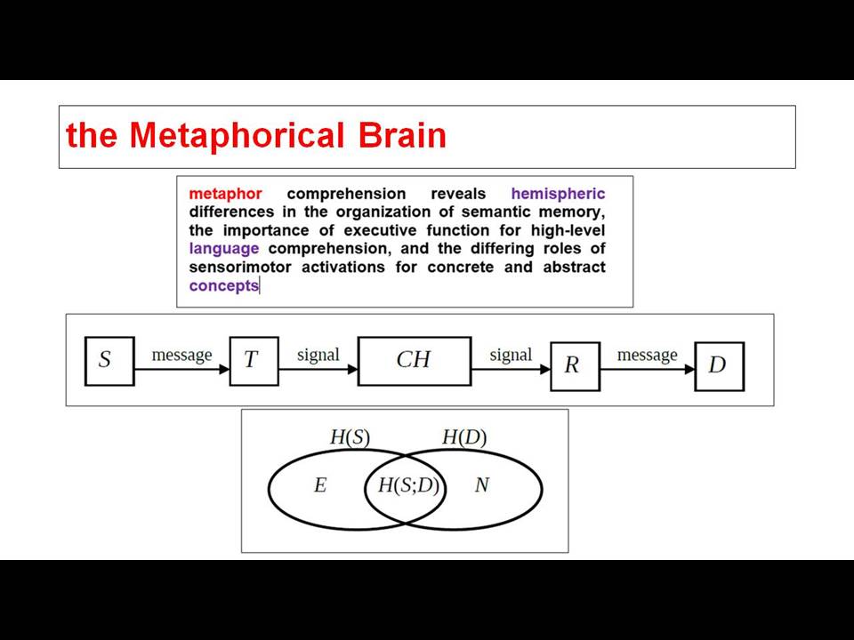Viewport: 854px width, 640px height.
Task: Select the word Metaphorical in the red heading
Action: (237, 136)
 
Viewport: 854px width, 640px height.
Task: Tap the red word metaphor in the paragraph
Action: (225, 195)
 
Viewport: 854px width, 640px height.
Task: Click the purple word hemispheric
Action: (559, 195)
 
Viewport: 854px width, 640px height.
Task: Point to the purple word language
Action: (224, 249)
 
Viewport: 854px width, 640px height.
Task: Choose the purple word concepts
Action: (224, 285)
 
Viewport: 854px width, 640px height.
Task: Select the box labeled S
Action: (109, 362)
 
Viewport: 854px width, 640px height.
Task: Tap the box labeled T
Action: (254, 362)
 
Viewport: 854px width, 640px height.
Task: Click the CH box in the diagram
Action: (415, 362)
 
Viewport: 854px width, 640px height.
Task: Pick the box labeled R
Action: (576, 366)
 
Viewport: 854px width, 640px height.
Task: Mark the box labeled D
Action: (720, 366)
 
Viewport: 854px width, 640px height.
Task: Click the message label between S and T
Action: (181, 355)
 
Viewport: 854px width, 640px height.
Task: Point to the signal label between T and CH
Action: (318, 355)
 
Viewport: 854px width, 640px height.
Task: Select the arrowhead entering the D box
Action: (689, 369)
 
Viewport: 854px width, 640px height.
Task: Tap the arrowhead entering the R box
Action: (545, 369)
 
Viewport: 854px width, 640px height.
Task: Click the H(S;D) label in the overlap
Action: (408, 485)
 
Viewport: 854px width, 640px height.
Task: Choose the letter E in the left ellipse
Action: (320, 485)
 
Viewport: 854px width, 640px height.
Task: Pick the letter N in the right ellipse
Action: (482, 484)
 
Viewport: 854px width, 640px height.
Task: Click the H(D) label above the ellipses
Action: (464, 437)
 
